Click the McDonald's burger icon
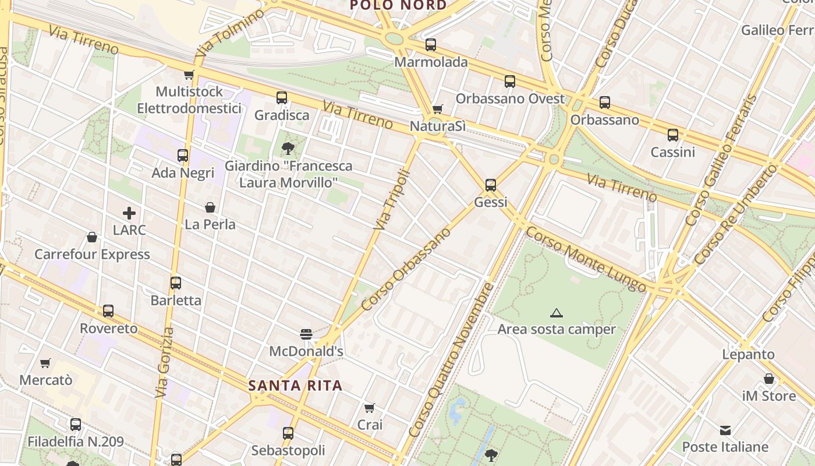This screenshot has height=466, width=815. point(306,334)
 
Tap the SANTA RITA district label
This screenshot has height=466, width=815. point(295,386)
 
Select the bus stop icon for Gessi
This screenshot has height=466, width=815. point(491,185)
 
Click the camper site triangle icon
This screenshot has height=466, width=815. point(557,313)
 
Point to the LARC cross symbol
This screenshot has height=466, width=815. point(129,213)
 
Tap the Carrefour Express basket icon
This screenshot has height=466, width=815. point(92,237)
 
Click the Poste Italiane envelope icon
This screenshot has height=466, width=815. point(725,430)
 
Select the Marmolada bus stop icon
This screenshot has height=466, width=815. point(431,45)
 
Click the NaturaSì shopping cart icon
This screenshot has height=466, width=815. point(438,110)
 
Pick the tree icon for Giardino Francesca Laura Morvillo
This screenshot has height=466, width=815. point(288,149)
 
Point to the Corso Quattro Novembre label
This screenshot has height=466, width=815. point(452,359)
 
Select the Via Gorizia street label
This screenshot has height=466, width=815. point(165,362)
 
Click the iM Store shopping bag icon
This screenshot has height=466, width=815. point(769,379)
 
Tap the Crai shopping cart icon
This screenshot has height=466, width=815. point(370,408)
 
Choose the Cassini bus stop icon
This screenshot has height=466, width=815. point(673,135)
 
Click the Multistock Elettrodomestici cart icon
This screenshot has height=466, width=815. point(189,75)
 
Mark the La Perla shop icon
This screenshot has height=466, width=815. point(210,207)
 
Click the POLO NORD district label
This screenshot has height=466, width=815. point(398,5)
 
